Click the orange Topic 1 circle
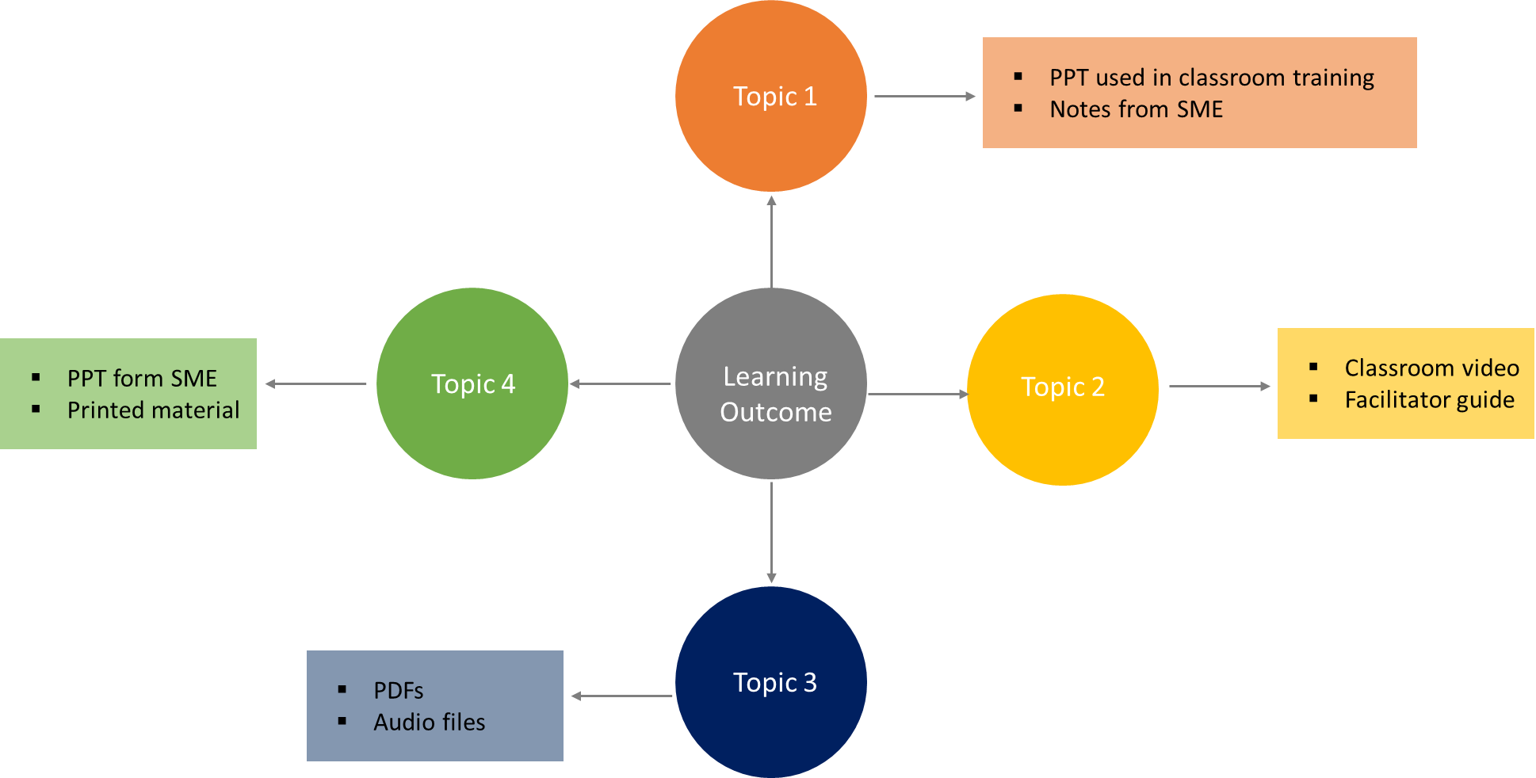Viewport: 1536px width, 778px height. click(x=771, y=97)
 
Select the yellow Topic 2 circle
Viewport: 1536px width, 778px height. click(x=1063, y=389)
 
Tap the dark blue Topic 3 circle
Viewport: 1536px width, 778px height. click(x=771, y=682)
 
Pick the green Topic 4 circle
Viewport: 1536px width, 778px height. click(x=472, y=383)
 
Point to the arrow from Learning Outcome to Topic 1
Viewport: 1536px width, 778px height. click(x=771, y=242)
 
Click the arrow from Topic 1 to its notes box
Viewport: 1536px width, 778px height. click(x=924, y=97)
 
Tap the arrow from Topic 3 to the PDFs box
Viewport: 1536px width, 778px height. click(x=622, y=696)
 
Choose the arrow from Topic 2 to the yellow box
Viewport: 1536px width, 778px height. click(x=1219, y=387)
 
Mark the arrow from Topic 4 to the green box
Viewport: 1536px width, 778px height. click(x=316, y=383)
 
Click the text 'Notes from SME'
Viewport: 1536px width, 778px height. click(x=1136, y=109)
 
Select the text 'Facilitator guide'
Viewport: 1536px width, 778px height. click(x=1429, y=400)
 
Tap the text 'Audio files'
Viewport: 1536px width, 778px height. click(x=429, y=723)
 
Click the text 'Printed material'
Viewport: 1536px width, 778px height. click(x=153, y=410)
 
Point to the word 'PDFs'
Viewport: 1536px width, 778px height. click(x=398, y=691)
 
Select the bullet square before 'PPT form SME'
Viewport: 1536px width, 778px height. click(x=36, y=378)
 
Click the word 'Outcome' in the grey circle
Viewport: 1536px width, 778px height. click(x=775, y=413)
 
